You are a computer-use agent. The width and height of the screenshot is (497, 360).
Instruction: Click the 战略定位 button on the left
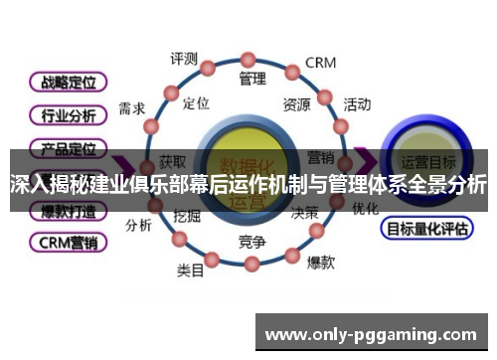[69, 83]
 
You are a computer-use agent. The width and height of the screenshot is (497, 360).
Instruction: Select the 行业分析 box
[69, 115]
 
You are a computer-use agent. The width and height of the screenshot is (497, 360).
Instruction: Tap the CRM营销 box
[69, 242]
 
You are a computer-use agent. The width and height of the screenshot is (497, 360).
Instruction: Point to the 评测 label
[184, 59]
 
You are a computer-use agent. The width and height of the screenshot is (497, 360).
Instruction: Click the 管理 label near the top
[251, 78]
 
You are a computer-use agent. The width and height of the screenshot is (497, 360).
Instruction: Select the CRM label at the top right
[320, 63]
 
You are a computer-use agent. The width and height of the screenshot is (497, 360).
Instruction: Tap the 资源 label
[296, 103]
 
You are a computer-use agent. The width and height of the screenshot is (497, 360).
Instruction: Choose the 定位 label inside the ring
[197, 102]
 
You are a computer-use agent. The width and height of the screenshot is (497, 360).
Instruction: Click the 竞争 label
[251, 242]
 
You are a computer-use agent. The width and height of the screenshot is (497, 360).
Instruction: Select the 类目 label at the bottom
[190, 269]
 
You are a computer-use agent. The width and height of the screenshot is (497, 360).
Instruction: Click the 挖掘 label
[187, 215]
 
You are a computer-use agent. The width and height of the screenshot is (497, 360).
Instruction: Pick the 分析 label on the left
[138, 225]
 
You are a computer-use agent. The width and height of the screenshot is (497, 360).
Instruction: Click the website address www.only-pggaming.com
[372, 334]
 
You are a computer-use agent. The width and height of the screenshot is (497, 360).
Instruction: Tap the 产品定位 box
[69, 148]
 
